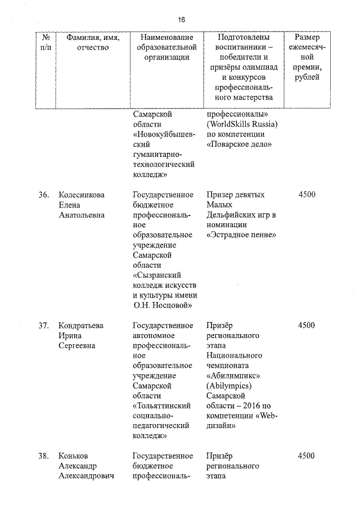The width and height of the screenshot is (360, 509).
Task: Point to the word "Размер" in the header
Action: click(307, 37)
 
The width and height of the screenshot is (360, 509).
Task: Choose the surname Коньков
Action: click(74, 456)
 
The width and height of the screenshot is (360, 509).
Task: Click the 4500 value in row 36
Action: click(307, 195)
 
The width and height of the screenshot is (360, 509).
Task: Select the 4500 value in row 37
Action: click(307, 325)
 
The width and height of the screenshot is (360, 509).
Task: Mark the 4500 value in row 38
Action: click(307, 456)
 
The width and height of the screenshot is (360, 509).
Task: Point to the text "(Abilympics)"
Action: click(229, 386)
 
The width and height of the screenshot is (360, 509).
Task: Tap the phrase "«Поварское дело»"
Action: click(240, 144)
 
